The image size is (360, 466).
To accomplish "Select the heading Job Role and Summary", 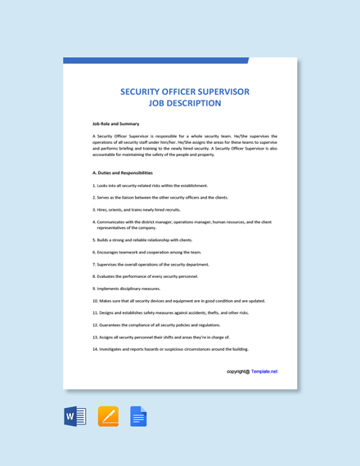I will tap(116, 123).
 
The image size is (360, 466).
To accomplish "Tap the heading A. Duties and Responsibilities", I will tap(123, 173).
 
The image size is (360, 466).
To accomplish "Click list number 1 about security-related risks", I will tap(151, 186).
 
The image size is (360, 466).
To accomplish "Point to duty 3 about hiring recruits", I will tap(137, 209).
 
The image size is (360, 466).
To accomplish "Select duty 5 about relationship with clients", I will tap(143, 240).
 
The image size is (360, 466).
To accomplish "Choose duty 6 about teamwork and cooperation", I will tap(147, 253).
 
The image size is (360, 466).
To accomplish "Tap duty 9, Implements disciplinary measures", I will tap(127, 289).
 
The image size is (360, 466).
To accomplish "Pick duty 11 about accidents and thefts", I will tap(170, 312).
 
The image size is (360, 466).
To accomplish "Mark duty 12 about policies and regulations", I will tap(156, 325).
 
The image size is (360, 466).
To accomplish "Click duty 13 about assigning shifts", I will tap(161, 337).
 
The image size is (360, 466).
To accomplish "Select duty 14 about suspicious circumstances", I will tap(171, 349).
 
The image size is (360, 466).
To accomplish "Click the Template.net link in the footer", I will tap(264, 371).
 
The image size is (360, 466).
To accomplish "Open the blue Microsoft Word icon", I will tap(75, 417).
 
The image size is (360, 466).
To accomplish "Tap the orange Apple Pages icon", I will tap(108, 417).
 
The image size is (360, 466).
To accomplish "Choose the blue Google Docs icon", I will tap(138, 417).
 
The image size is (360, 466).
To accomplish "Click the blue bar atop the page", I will tap(155, 60).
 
